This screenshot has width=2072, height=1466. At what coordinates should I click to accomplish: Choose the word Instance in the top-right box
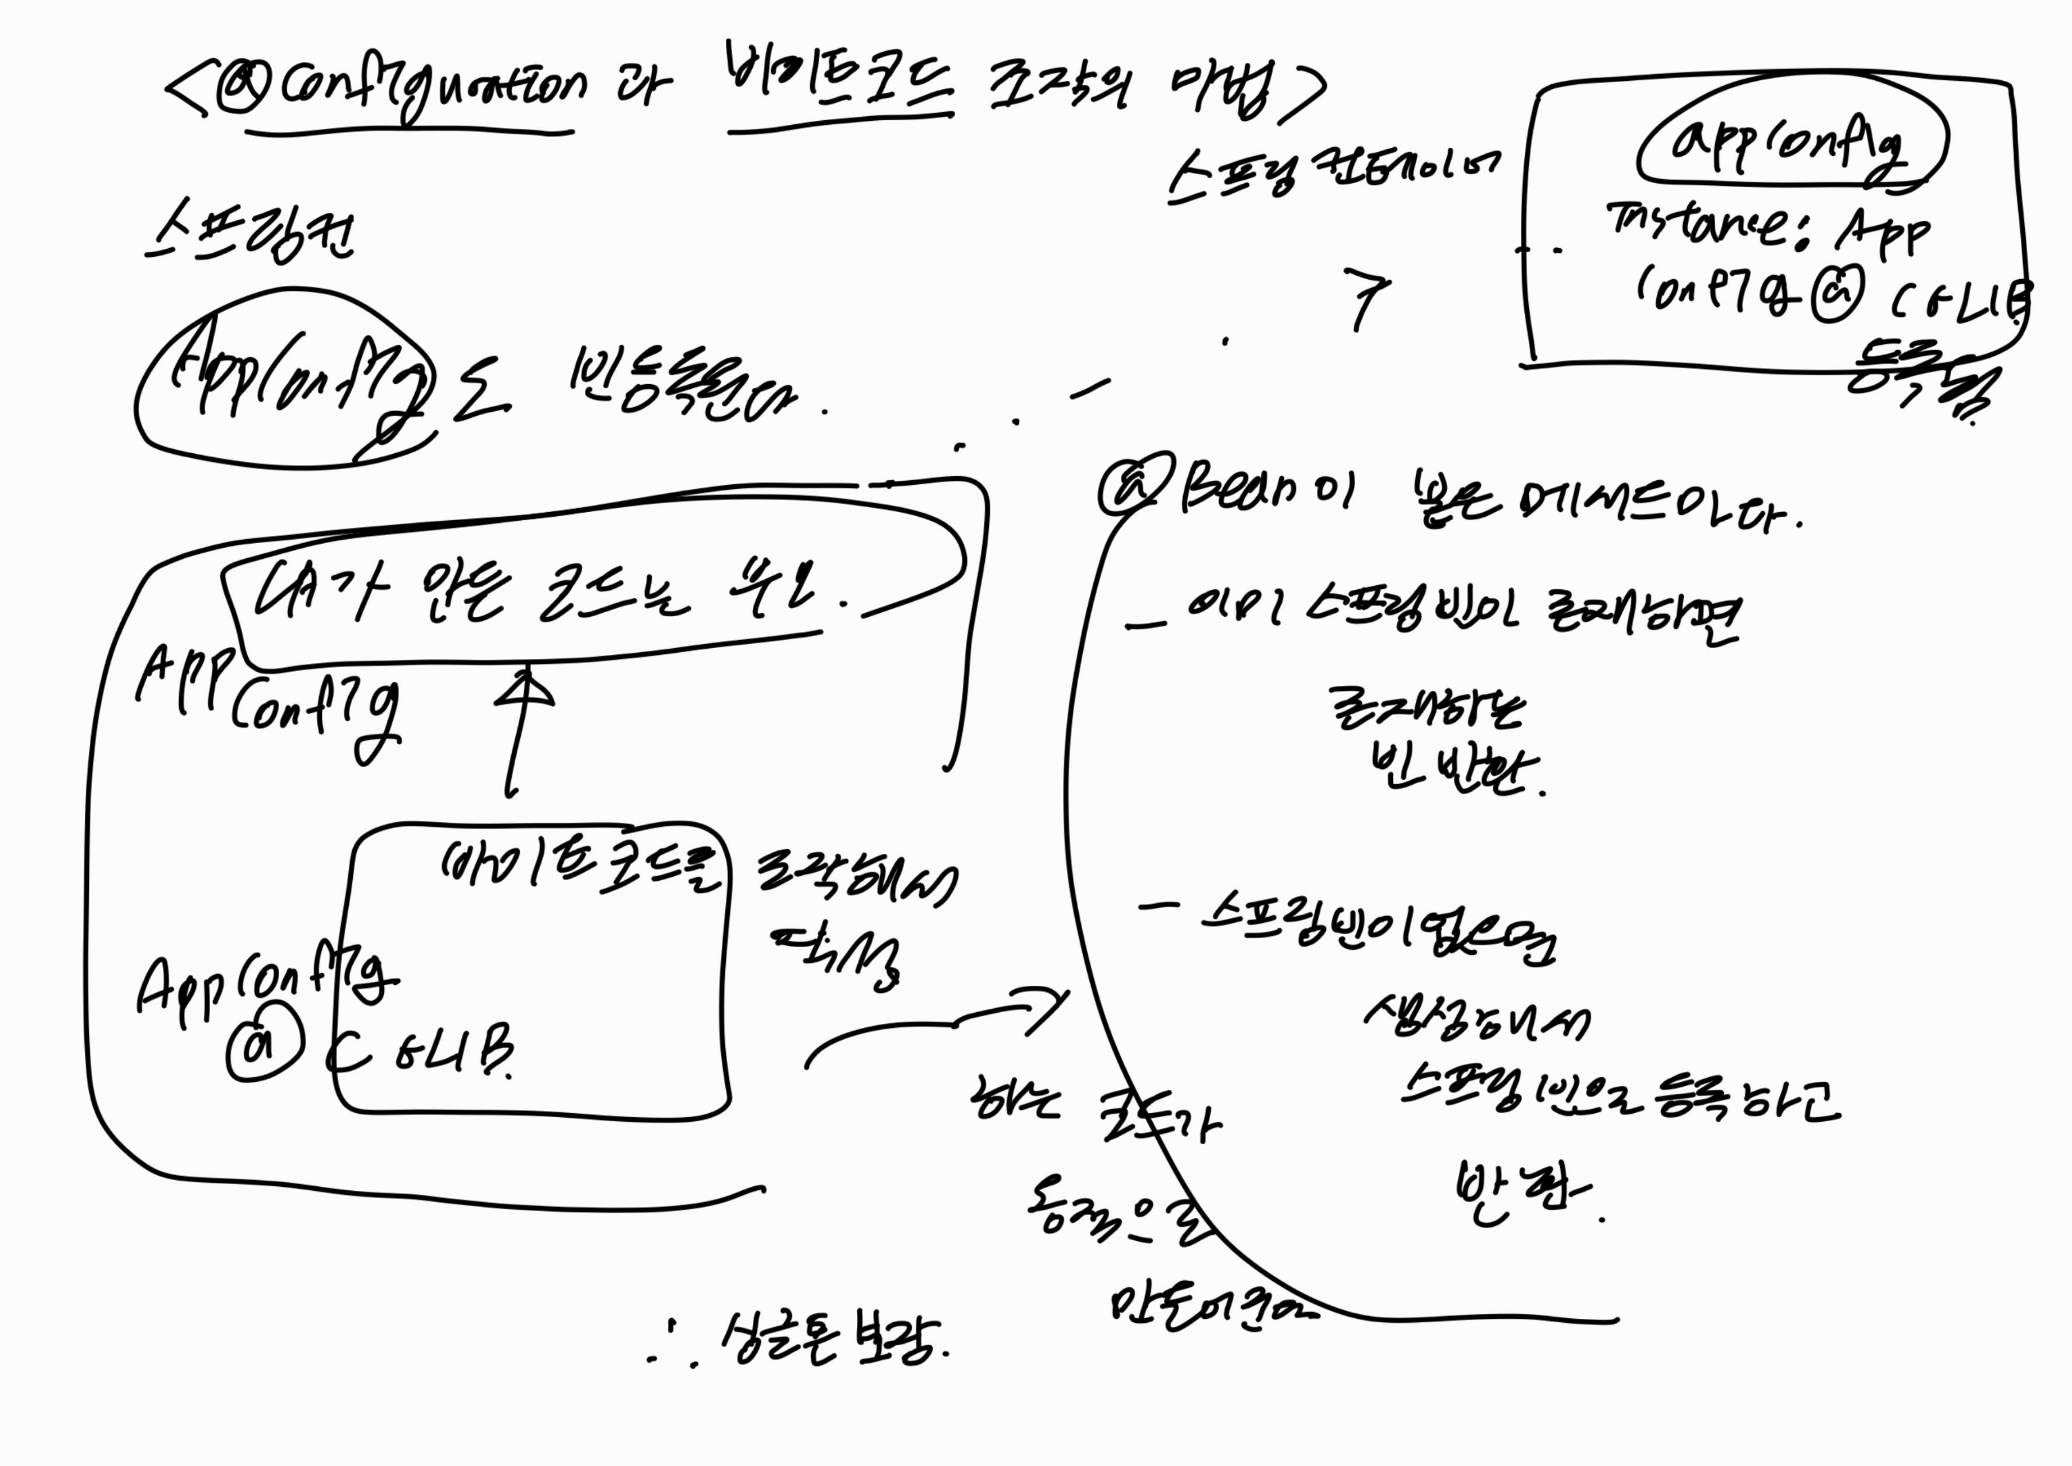[1696, 226]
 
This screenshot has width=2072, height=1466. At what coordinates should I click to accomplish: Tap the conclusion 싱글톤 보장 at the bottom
[830, 1340]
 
